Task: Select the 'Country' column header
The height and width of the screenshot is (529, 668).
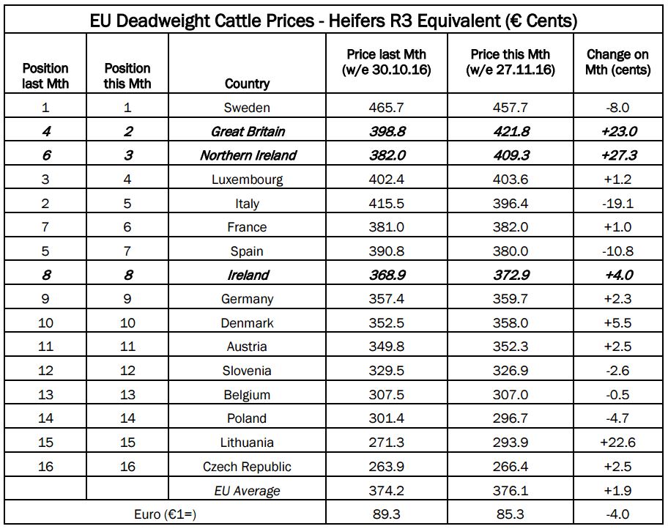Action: (x=247, y=84)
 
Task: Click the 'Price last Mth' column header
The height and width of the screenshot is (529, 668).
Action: (x=387, y=62)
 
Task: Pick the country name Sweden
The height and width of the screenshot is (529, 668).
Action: (x=247, y=108)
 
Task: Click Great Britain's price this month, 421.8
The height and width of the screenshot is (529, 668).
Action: (x=510, y=132)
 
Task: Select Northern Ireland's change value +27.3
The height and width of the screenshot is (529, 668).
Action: (x=618, y=155)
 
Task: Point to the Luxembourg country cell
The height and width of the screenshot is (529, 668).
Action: (x=247, y=180)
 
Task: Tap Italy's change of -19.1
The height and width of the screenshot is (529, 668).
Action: (x=618, y=204)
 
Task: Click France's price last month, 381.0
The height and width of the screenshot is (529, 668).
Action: (x=387, y=227)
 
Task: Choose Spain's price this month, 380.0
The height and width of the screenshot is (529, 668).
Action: (x=510, y=251)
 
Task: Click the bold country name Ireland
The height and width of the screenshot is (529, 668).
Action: (x=247, y=275)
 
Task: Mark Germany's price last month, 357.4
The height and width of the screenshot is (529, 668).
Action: (x=387, y=299)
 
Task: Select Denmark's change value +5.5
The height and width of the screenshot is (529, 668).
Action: (x=618, y=323)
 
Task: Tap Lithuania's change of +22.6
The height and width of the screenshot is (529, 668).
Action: (x=618, y=443)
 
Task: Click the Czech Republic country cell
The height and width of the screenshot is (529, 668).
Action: (x=247, y=467)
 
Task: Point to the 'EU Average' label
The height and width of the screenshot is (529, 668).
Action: (x=247, y=491)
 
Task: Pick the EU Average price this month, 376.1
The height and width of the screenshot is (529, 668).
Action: (x=510, y=491)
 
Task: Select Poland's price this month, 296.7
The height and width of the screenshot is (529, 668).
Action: (x=510, y=418)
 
